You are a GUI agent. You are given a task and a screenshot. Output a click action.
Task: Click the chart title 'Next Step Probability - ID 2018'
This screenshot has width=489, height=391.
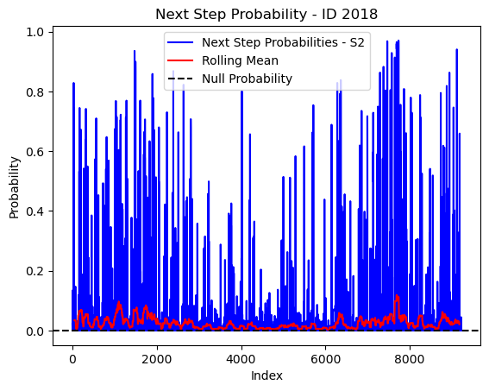coord(266,15)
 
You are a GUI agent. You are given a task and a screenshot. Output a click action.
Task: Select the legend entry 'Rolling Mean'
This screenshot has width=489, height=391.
coord(240,60)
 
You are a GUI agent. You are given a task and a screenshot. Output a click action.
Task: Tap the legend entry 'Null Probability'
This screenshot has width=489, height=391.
coord(247,79)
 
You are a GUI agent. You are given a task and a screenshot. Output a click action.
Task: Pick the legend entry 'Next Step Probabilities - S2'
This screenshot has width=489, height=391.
coord(283,42)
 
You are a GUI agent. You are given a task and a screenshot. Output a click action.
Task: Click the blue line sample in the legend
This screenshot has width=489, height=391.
coord(180,42)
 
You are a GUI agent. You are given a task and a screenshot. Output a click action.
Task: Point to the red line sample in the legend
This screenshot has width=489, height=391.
coord(180,60)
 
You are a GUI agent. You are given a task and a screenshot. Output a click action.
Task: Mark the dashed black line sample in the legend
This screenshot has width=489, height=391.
coord(180,79)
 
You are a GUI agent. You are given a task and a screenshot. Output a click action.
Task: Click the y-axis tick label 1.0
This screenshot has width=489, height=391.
coord(34,33)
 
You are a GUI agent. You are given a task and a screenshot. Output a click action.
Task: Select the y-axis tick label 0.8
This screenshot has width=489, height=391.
coord(34,92)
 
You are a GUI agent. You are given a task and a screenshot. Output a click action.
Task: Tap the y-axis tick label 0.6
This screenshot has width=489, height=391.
coord(34,152)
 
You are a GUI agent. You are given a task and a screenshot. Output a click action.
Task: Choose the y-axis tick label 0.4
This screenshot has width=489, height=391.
coord(34,211)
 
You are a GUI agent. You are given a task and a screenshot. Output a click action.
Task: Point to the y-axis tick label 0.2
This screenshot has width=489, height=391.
coord(34,271)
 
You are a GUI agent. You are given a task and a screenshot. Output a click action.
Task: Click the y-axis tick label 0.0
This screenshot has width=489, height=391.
coord(34,331)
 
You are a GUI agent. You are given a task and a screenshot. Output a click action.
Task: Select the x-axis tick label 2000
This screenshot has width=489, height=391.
coord(157,359)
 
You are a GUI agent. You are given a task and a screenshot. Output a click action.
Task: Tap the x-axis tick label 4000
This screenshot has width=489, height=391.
coord(241,359)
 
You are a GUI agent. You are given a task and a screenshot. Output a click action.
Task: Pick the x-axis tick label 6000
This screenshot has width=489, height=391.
coord(325,359)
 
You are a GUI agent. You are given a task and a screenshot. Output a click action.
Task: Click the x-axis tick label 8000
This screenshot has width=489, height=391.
coord(410,359)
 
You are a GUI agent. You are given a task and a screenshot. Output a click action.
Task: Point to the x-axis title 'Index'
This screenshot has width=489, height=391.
coord(266,375)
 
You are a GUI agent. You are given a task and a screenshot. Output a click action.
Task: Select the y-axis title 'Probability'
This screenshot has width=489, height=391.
coord(14,187)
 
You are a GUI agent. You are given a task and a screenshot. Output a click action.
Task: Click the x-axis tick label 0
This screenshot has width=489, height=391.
coord(72,359)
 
